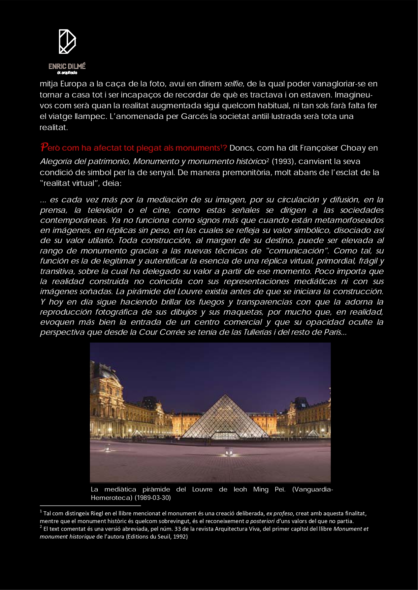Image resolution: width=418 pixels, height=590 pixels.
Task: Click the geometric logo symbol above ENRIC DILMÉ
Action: pyautogui.click(x=67, y=42)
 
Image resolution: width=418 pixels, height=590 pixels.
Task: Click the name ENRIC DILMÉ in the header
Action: pyautogui.click(x=67, y=66)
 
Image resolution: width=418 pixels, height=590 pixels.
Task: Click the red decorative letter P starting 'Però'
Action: pyautogui.click(x=44, y=147)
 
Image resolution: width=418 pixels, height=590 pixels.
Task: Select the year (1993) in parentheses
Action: pyautogui.click(x=284, y=162)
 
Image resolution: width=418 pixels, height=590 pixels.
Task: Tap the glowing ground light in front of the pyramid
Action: pyautogui.click(x=230, y=453)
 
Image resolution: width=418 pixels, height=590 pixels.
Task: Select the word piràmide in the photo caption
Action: pyautogui.click(x=156, y=489)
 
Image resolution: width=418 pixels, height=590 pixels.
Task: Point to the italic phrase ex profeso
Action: pyautogui.click(x=280, y=513)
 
